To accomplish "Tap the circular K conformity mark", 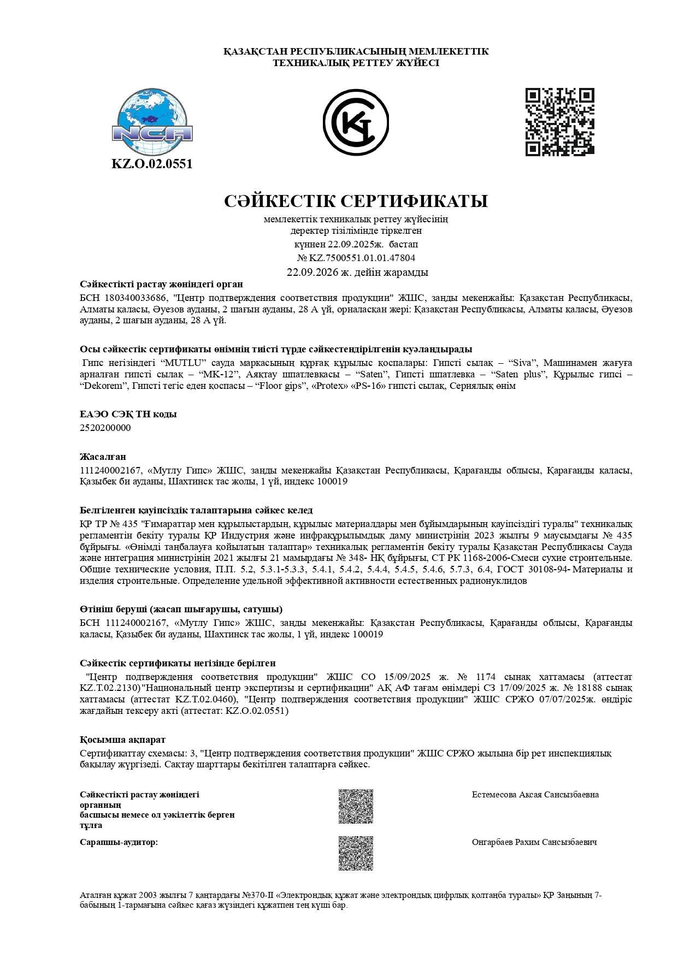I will tap(356, 122).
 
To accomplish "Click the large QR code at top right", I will tap(559, 122).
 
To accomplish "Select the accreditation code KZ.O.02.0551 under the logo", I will tap(152, 164).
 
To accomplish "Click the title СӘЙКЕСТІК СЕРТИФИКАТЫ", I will tap(356, 201).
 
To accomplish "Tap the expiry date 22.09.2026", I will tap(313, 272).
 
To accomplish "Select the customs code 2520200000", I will tap(105, 428).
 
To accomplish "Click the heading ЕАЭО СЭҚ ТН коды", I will tap(128, 414).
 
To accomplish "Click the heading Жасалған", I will tap(103, 457).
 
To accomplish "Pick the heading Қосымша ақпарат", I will tap(122, 740).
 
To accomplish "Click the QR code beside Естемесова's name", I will tap(356, 806).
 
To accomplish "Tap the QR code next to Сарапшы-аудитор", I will tap(356, 853).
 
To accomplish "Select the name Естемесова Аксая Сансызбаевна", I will tap(535, 794).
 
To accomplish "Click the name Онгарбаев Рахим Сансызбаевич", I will tap(534, 842).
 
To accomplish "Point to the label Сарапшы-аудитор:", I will tap(119, 842).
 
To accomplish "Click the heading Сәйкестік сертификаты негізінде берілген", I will tap(178, 663).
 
